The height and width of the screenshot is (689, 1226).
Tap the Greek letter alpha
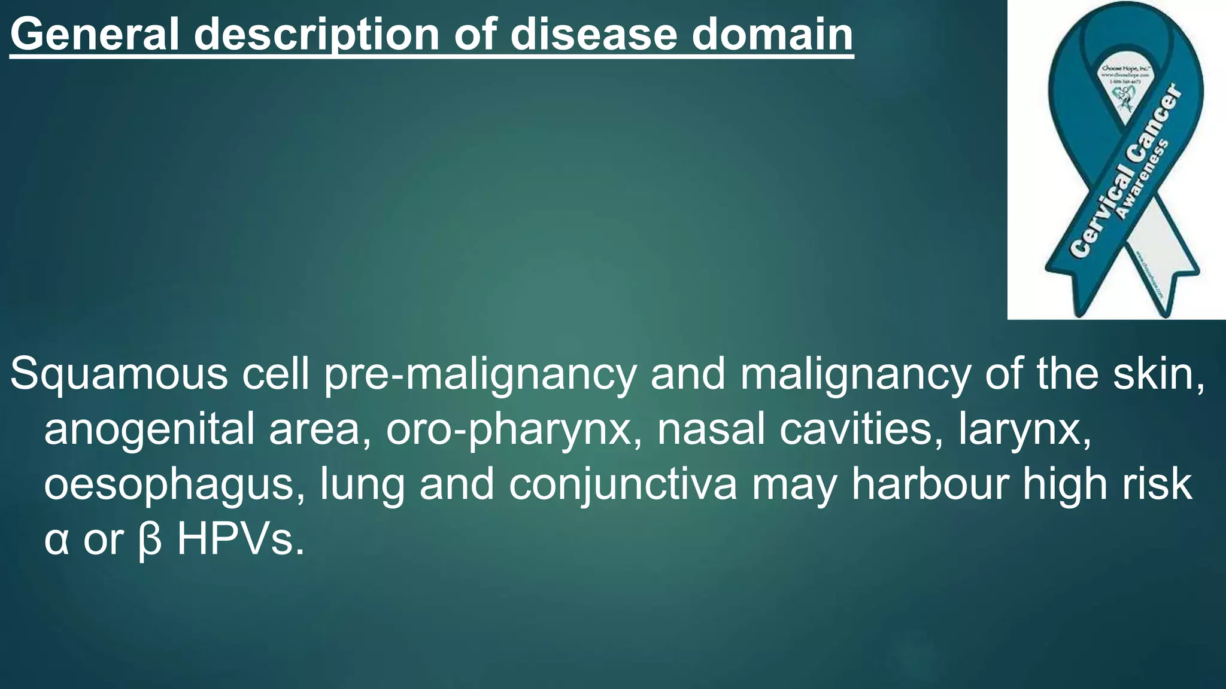click(56, 540)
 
